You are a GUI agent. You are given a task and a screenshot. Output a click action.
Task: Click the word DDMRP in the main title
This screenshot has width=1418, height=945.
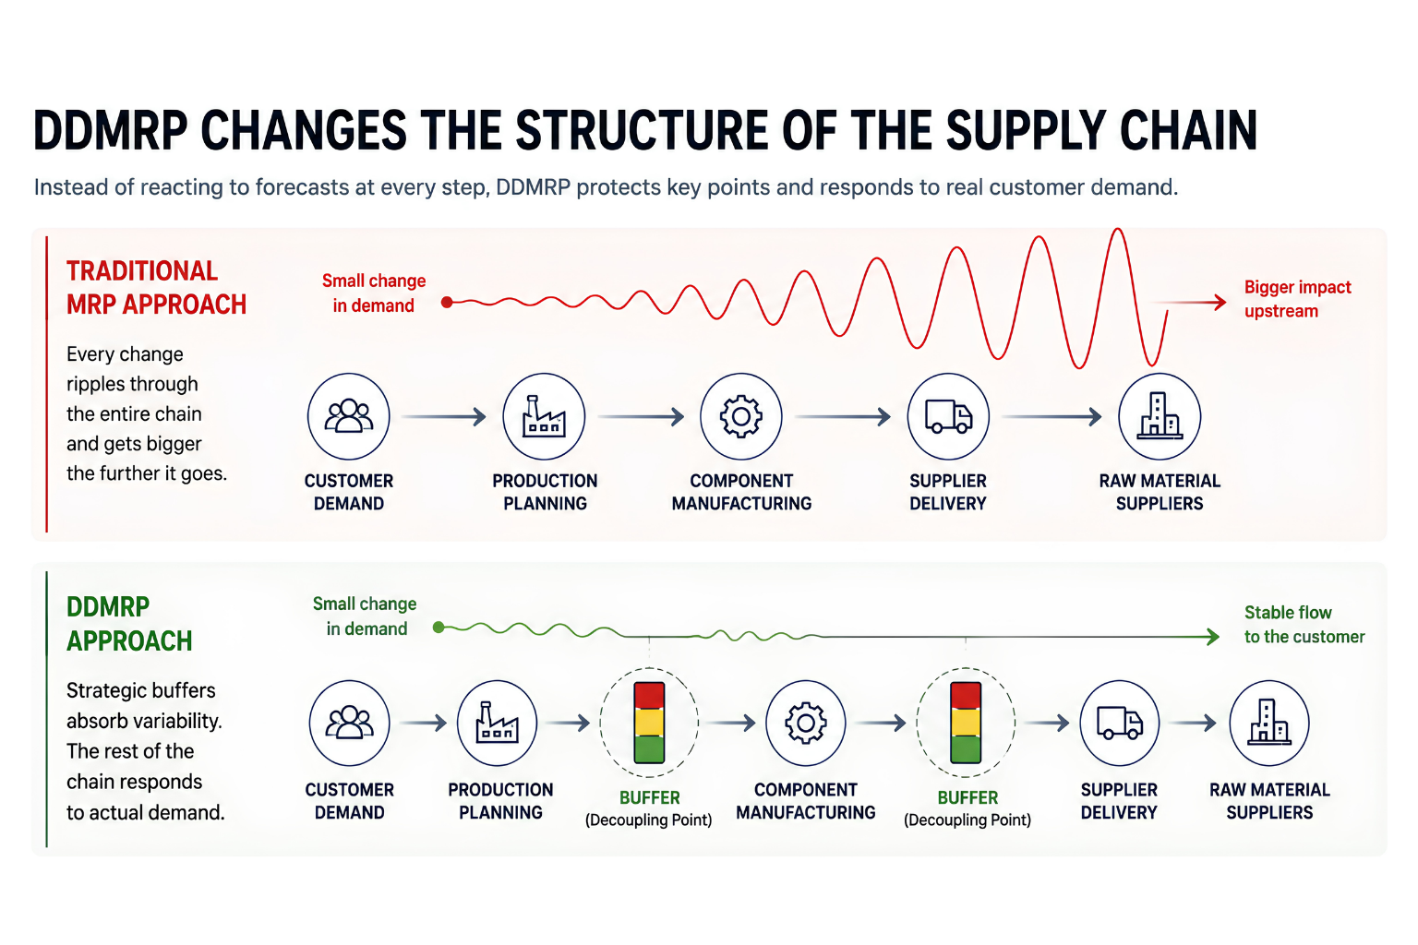(111, 130)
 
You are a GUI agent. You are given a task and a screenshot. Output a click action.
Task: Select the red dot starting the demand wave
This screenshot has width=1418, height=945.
(447, 302)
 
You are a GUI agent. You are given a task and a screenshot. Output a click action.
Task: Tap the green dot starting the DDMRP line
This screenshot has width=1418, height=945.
(439, 628)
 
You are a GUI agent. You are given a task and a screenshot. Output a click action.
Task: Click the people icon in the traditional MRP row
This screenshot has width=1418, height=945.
(349, 416)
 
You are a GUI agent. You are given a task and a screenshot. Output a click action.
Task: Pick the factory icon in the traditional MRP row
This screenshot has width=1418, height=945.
(544, 416)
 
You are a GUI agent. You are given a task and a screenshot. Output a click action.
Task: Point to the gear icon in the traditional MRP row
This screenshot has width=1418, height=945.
(740, 416)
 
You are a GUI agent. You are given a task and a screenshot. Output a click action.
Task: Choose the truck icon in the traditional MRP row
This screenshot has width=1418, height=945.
(948, 416)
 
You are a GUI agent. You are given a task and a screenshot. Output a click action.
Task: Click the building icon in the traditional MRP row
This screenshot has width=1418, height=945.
(1160, 416)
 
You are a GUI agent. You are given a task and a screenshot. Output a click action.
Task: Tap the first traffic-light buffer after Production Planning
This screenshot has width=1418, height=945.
(649, 723)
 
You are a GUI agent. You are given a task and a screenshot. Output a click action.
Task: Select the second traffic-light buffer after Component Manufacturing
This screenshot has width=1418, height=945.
(966, 723)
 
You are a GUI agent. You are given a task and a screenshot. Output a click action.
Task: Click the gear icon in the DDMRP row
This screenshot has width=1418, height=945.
(805, 723)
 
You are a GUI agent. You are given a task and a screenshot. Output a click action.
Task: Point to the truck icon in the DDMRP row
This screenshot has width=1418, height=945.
(1119, 723)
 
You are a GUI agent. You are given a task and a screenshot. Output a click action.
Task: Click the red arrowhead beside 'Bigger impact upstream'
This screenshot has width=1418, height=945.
(1220, 303)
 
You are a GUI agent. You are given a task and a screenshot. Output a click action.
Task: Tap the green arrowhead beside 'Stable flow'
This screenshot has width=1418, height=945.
(1213, 636)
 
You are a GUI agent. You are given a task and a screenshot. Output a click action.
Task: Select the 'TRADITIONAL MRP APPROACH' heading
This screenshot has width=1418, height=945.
(156, 287)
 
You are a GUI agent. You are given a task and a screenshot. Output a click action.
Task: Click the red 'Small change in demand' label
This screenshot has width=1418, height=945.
(374, 293)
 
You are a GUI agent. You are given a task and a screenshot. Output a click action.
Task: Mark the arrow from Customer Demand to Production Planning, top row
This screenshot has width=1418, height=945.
(444, 416)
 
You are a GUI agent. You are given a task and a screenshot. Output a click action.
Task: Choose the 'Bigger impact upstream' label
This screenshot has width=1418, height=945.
(1298, 299)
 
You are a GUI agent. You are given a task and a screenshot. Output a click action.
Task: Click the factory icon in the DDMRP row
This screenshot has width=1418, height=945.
(497, 722)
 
